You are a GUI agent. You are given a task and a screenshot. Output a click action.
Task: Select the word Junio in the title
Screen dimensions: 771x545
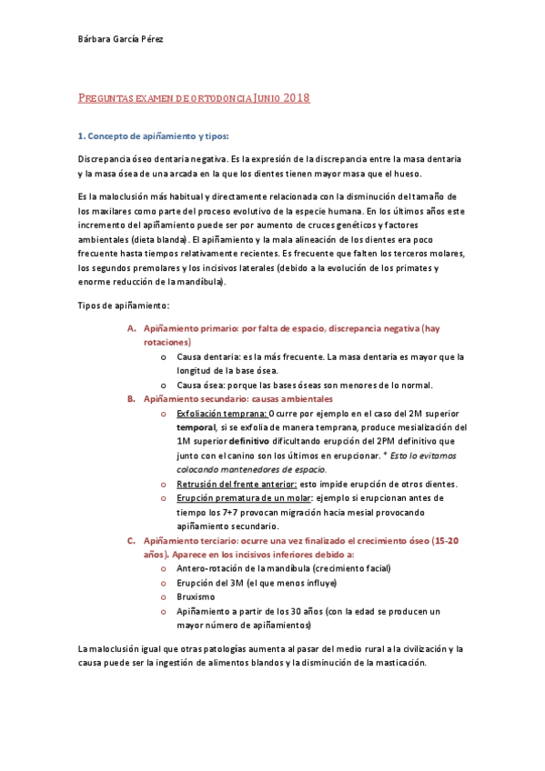click(259, 97)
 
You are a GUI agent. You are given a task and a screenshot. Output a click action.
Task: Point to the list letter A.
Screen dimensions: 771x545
click(130, 328)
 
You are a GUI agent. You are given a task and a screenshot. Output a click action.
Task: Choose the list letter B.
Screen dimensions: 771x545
click(130, 398)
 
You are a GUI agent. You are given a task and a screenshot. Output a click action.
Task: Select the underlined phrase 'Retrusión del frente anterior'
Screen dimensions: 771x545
click(234, 484)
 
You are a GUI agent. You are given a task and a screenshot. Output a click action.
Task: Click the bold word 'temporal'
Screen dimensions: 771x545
click(196, 427)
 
